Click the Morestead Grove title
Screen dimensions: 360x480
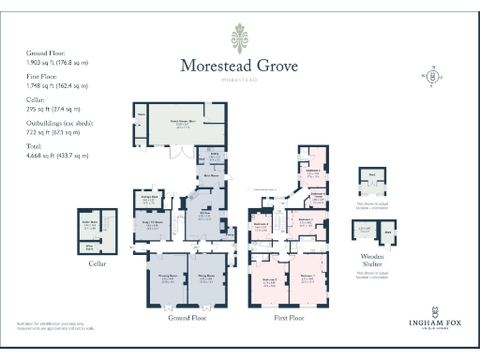click(239, 66)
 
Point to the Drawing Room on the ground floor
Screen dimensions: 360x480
click(167, 279)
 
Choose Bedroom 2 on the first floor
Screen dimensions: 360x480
click(270, 279)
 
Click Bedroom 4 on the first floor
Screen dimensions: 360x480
click(262, 225)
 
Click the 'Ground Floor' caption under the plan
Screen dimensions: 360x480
click(186, 318)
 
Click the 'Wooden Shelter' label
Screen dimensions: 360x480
click(373, 258)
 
